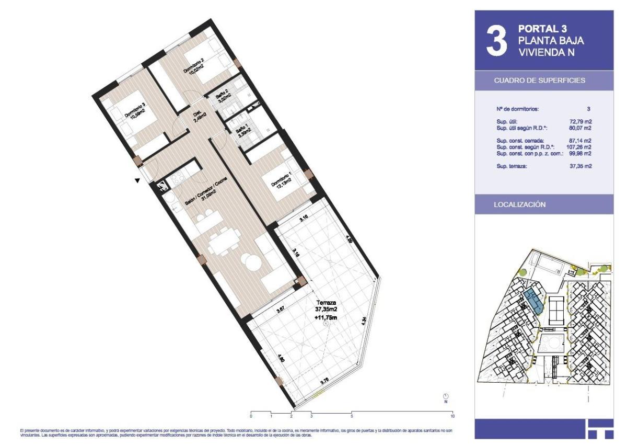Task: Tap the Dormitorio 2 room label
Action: pyautogui.click(x=193, y=66)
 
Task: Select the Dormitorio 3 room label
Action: pyautogui.click(x=135, y=111)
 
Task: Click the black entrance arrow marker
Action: pyautogui.click(x=137, y=180)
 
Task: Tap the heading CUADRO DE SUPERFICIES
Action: pyautogui.click(x=539, y=81)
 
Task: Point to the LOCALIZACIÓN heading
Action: pyautogui.click(x=520, y=204)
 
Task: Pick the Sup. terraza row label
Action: pyautogui.click(x=512, y=166)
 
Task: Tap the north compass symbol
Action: pyautogui.click(x=446, y=397)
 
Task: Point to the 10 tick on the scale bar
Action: pyautogui.click(x=452, y=416)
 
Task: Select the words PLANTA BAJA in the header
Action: pyautogui.click(x=551, y=40)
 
